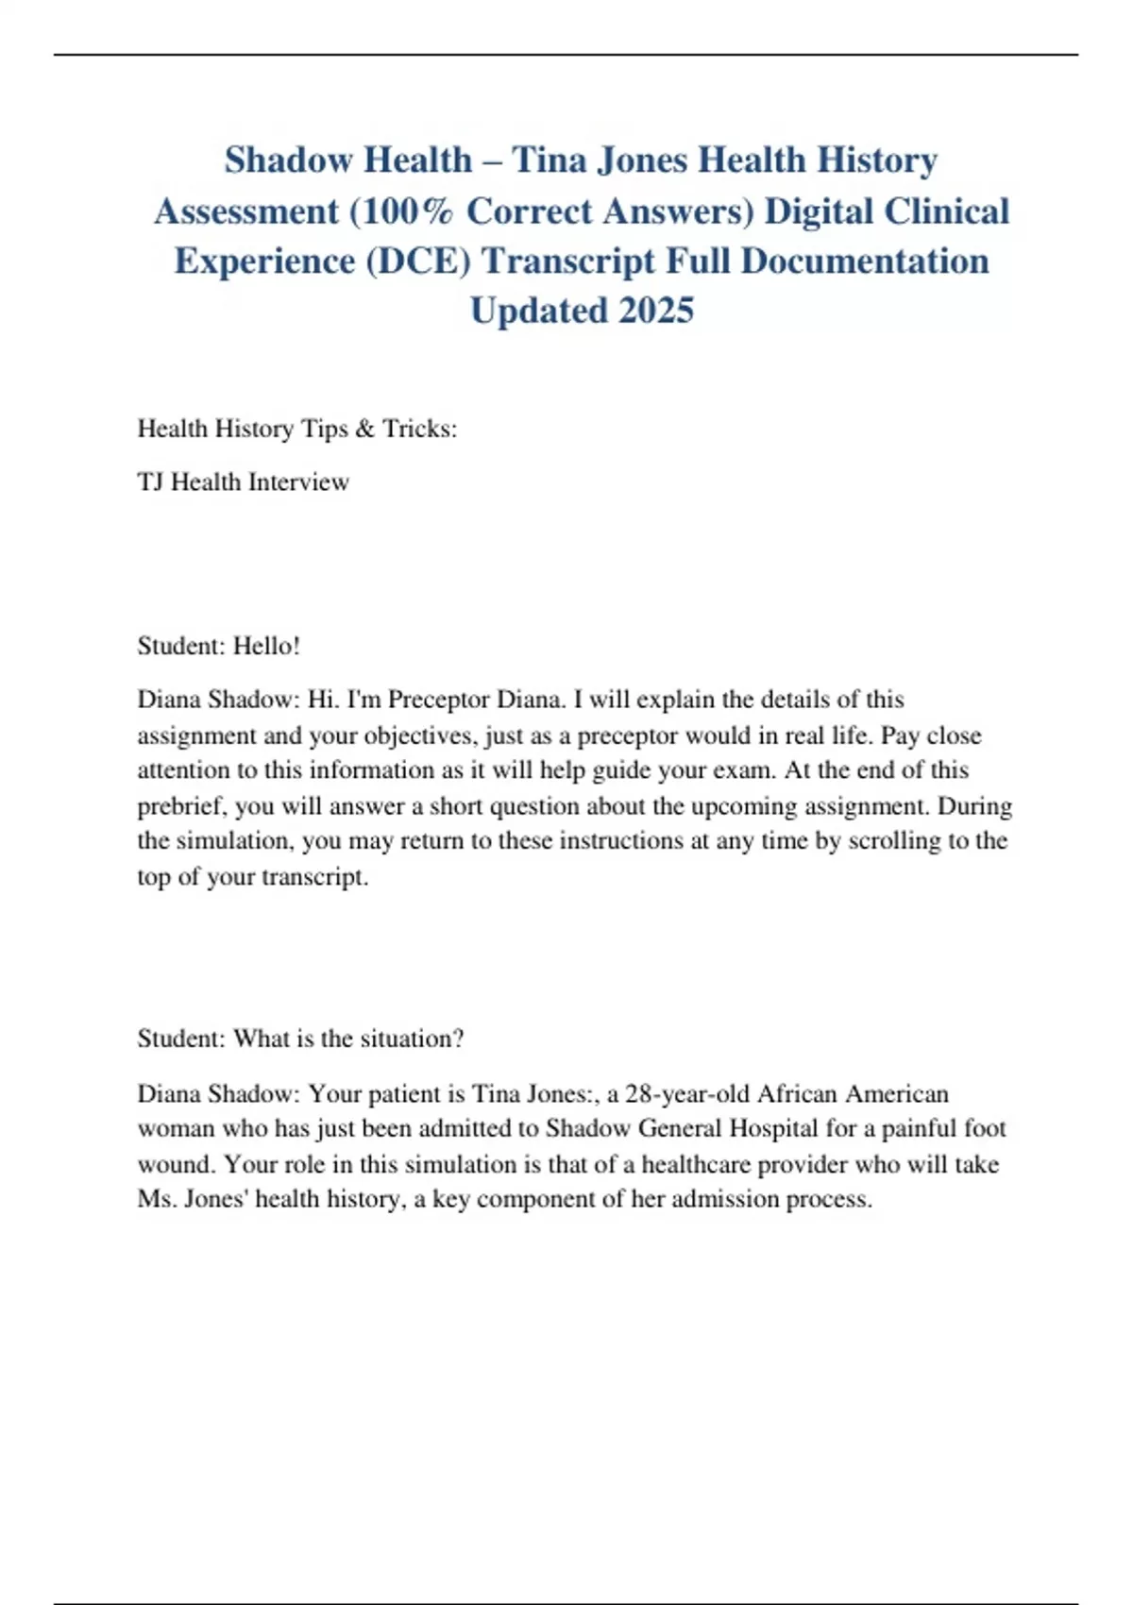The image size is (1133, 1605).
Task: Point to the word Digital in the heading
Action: (818, 211)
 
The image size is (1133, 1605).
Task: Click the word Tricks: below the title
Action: (419, 429)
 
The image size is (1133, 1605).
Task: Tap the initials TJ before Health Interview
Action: (150, 482)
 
